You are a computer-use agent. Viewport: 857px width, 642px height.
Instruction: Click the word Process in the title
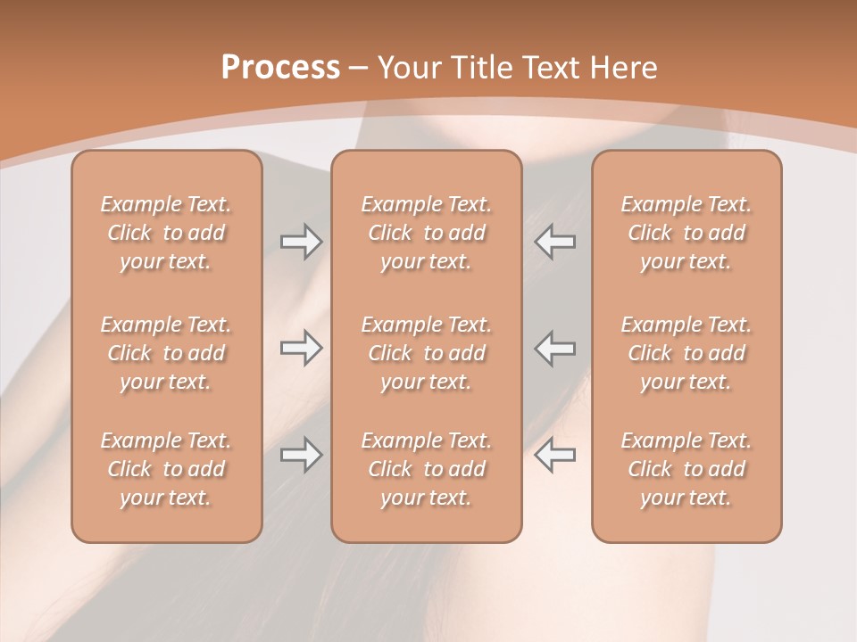pos(280,68)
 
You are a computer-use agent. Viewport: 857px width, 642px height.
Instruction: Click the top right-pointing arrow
pos(301,241)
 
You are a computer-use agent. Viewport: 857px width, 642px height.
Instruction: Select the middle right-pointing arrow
pos(301,348)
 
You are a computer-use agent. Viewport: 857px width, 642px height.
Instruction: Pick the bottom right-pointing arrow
pos(301,455)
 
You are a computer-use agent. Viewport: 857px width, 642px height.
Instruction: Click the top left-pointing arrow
pos(555,241)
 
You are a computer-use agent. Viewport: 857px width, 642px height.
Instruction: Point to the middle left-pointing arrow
pos(555,348)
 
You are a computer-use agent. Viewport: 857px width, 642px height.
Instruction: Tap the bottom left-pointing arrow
pos(555,455)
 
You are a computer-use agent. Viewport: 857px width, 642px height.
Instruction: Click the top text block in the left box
pos(166,233)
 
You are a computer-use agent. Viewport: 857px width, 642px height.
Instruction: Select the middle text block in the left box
pos(166,353)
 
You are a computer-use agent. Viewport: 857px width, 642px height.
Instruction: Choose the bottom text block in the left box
pos(166,469)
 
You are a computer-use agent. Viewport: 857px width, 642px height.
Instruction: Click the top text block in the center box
pos(426,233)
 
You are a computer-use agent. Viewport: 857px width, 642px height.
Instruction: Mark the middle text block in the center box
pos(426,353)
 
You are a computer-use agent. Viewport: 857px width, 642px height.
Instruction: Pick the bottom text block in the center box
pos(426,469)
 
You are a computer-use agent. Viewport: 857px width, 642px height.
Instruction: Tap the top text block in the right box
pos(686,233)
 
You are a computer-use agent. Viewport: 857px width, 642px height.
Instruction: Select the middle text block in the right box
pos(686,353)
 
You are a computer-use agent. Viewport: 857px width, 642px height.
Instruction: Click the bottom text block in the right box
pos(686,469)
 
